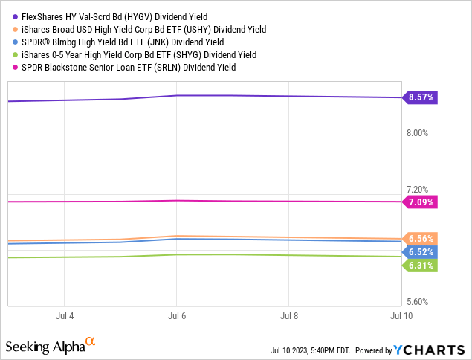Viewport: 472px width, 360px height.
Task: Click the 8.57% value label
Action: click(421, 97)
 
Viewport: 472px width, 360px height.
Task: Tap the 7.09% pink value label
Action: click(421, 202)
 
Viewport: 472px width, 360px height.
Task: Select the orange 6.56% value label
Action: click(421, 238)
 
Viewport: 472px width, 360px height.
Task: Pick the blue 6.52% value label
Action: click(421, 252)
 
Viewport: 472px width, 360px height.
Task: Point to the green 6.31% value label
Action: click(421, 266)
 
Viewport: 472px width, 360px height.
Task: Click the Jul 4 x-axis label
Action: click(65, 315)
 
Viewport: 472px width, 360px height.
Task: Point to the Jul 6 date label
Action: click(177, 315)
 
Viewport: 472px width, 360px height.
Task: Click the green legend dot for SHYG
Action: click(15, 54)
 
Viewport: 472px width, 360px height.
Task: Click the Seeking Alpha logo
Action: click(51, 347)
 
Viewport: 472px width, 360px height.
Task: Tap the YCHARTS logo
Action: click(430, 349)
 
